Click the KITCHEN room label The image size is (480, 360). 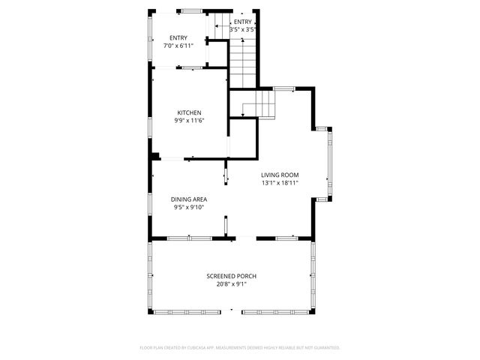(189, 112)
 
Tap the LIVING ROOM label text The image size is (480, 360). (280, 175)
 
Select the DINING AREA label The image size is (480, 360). (189, 199)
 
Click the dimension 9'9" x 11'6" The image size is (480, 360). (189, 120)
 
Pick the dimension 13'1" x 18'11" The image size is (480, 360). (280, 182)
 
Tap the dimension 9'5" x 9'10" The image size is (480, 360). (189, 207)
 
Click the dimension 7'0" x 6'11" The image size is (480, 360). (178, 45)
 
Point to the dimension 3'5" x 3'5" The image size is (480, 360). (242, 29)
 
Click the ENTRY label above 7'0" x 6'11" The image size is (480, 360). (178, 37)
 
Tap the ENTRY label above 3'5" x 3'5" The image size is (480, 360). (243, 22)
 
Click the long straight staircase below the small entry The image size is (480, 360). (243, 64)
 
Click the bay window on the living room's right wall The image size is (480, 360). (328, 163)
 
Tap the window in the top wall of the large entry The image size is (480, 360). (190, 10)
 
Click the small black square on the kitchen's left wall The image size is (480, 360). (154, 156)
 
